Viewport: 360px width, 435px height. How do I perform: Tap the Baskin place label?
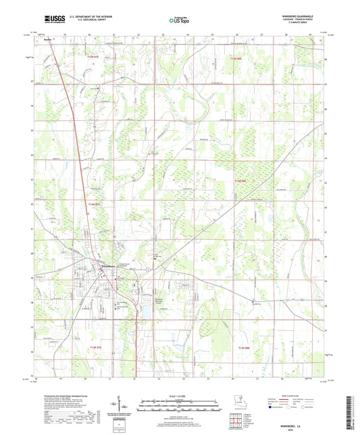[49, 39]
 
